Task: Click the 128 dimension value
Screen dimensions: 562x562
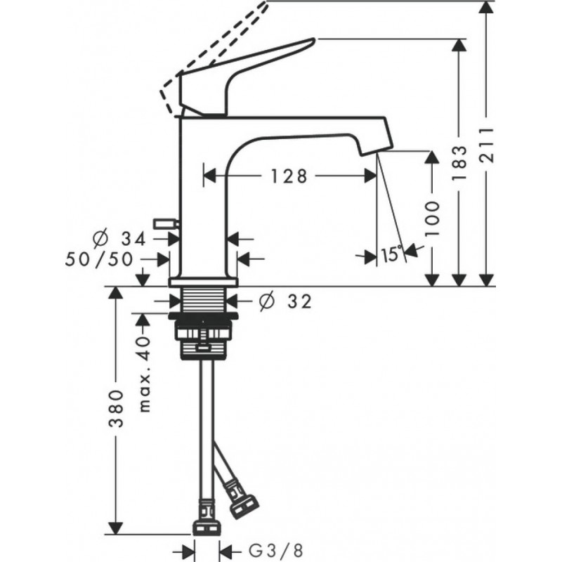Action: click(289, 176)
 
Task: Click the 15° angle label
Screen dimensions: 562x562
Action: click(391, 254)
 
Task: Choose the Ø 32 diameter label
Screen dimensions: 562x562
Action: click(284, 301)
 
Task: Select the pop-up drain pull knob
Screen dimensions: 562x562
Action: click(167, 224)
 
